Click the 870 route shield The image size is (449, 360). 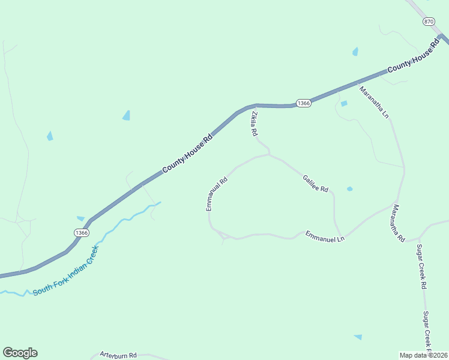428,22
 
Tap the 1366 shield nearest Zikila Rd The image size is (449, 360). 304,103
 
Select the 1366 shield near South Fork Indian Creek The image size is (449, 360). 82,232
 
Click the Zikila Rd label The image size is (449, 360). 255,123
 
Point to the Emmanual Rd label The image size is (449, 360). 217,193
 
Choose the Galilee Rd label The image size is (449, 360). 316,184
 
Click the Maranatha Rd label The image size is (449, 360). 399,223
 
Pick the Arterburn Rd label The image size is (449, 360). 118,355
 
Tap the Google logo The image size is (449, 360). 20,353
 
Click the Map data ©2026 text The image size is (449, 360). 424,355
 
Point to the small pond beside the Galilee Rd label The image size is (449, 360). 349,189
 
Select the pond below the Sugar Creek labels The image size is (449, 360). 358,337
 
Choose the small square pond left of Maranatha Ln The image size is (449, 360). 344,104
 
